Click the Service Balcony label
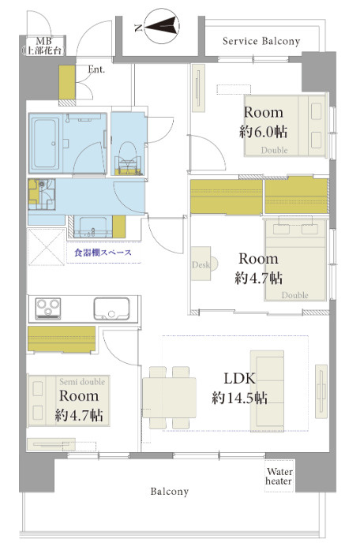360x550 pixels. [261, 41]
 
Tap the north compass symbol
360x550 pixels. [161, 26]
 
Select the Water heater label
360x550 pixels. [279, 476]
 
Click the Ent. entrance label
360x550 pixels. [96, 69]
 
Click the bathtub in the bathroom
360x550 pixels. [45, 143]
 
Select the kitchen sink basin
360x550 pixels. [111, 309]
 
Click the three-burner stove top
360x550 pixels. [48, 309]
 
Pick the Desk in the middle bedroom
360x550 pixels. [201, 264]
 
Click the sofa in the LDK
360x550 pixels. [267, 389]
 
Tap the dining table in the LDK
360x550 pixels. [169, 398]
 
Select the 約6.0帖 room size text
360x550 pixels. [264, 132]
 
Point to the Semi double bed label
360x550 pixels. [82, 382]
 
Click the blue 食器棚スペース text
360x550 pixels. [103, 253]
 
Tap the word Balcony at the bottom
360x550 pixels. [170, 492]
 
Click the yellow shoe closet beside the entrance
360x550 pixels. [67, 82]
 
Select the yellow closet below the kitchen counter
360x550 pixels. [62, 339]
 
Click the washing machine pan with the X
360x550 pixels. [47, 247]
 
